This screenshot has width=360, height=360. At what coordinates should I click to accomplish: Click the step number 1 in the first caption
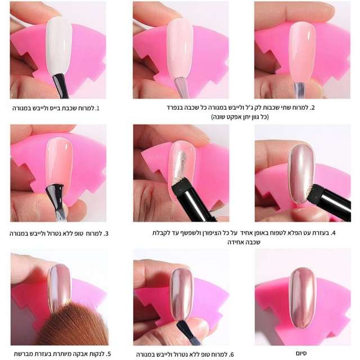coord(97,108)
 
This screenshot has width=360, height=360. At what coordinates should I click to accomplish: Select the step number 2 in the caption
coord(312,107)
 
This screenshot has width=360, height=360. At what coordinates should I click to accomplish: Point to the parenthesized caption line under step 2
coord(240,117)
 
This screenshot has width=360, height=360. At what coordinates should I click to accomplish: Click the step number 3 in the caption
coord(106,233)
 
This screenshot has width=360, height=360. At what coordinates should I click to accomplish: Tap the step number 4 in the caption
coord(333,233)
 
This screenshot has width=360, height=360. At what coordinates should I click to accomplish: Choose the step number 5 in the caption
coord(109,354)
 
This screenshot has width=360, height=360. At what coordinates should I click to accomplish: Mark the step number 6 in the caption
coord(231,354)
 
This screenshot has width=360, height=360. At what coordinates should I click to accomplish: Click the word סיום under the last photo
coord(301,353)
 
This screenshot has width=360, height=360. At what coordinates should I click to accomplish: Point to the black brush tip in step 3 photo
coord(55,193)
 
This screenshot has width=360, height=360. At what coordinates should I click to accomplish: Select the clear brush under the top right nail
coord(300,91)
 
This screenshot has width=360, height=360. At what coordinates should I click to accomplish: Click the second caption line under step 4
coord(244,242)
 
